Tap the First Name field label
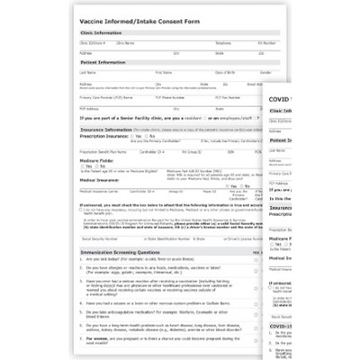[x=163, y=71]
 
